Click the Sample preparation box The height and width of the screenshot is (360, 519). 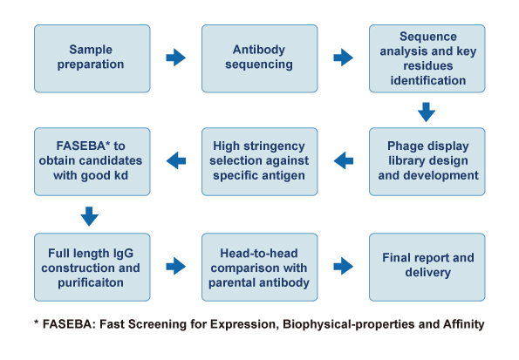click(x=92, y=58)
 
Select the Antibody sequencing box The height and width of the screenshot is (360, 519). click(x=260, y=58)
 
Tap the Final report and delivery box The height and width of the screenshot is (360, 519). click(x=427, y=267)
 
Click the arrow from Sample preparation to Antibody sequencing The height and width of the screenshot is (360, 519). click(x=175, y=58)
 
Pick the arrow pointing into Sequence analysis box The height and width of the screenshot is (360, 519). click(x=344, y=58)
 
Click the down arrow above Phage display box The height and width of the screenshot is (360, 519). click(x=427, y=112)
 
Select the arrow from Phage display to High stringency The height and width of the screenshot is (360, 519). click(x=344, y=160)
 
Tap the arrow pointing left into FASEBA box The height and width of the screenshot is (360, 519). click(x=175, y=160)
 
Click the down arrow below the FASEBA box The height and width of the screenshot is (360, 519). click(x=89, y=216)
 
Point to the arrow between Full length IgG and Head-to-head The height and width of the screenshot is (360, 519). click(x=175, y=266)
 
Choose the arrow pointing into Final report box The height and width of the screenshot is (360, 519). click(x=344, y=266)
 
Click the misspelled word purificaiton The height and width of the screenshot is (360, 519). click(x=91, y=283)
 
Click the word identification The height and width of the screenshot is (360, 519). click(x=428, y=80)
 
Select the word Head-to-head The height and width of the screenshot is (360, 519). click(x=259, y=253)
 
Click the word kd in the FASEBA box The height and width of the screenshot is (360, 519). click(x=121, y=175)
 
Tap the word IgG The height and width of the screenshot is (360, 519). click(x=124, y=254)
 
